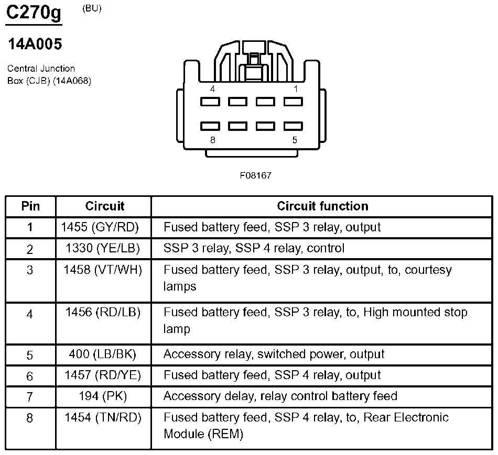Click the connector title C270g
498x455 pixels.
click(x=34, y=14)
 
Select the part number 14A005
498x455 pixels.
click(x=35, y=45)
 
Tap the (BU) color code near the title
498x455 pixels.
click(x=92, y=8)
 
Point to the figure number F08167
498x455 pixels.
click(x=255, y=175)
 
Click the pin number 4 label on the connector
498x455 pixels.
click(x=212, y=89)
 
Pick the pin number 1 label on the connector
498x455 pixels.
click(x=296, y=89)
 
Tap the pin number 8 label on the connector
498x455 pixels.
click(x=212, y=140)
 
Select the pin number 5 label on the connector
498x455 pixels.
click(x=295, y=140)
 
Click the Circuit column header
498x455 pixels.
click(x=105, y=206)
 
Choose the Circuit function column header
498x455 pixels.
click(x=322, y=206)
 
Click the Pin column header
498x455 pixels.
click(x=30, y=206)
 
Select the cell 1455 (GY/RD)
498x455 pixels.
click(x=103, y=227)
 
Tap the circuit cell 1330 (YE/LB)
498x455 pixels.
click(x=103, y=248)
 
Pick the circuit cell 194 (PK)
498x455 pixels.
click(x=103, y=396)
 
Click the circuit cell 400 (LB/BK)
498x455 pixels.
click(x=103, y=354)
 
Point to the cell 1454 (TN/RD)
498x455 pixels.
click(x=103, y=417)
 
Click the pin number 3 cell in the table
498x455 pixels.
click(x=30, y=270)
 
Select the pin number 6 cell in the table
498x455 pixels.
click(x=30, y=376)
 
